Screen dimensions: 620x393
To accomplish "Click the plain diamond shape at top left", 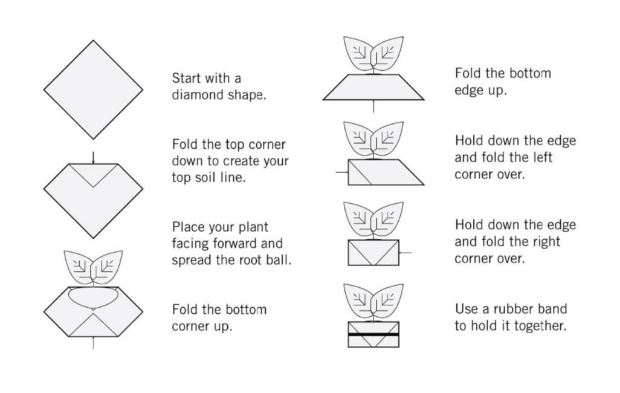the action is [x=93, y=89].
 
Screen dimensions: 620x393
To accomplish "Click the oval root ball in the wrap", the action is [x=93, y=298].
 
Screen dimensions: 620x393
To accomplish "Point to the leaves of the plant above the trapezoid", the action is [x=373, y=54].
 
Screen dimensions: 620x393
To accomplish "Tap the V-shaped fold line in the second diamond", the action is [x=93, y=175].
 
